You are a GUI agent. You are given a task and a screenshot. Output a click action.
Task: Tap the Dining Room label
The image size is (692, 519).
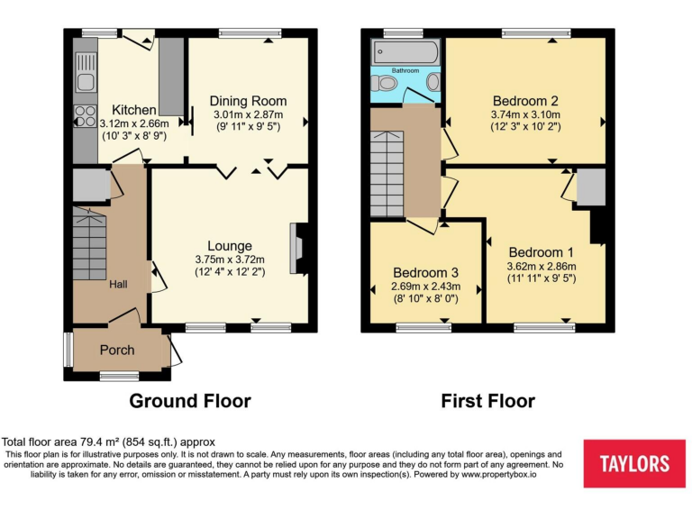pyautogui.click(x=248, y=101)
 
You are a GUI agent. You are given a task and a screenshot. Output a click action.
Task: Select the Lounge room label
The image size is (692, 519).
pyautogui.click(x=230, y=245)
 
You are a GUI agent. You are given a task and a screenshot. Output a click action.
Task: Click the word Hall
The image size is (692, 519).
pyautogui.click(x=118, y=285)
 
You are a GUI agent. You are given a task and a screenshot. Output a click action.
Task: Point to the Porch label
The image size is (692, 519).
pyautogui.click(x=116, y=351)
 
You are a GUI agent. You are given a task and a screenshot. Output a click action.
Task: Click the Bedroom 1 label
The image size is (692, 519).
pyautogui.click(x=541, y=251)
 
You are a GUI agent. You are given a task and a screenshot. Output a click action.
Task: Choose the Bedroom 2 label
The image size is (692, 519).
pyautogui.click(x=525, y=100)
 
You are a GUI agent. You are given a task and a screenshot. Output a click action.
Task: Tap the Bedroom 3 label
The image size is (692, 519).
pyautogui.click(x=424, y=272)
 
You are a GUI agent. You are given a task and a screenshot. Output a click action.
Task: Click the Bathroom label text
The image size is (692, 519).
pyautogui.click(x=405, y=69)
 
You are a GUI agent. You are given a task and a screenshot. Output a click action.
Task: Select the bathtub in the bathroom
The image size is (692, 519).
pyautogui.click(x=405, y=50)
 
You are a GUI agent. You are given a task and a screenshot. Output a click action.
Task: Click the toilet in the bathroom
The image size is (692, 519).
pyautogui.click(x=387, y=83)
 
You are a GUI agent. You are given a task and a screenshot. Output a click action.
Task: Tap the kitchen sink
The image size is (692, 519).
pyautogui.click(x=86, y=72)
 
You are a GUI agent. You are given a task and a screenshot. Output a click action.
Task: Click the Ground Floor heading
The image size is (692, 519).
pyautogui.click(x=190, y=401)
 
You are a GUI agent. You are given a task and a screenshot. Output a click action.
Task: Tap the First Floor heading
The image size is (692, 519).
pyautogui.click(x=487, y=401)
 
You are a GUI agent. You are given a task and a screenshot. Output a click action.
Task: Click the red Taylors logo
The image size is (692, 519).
pyautogui.click(x=634, y=464)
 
